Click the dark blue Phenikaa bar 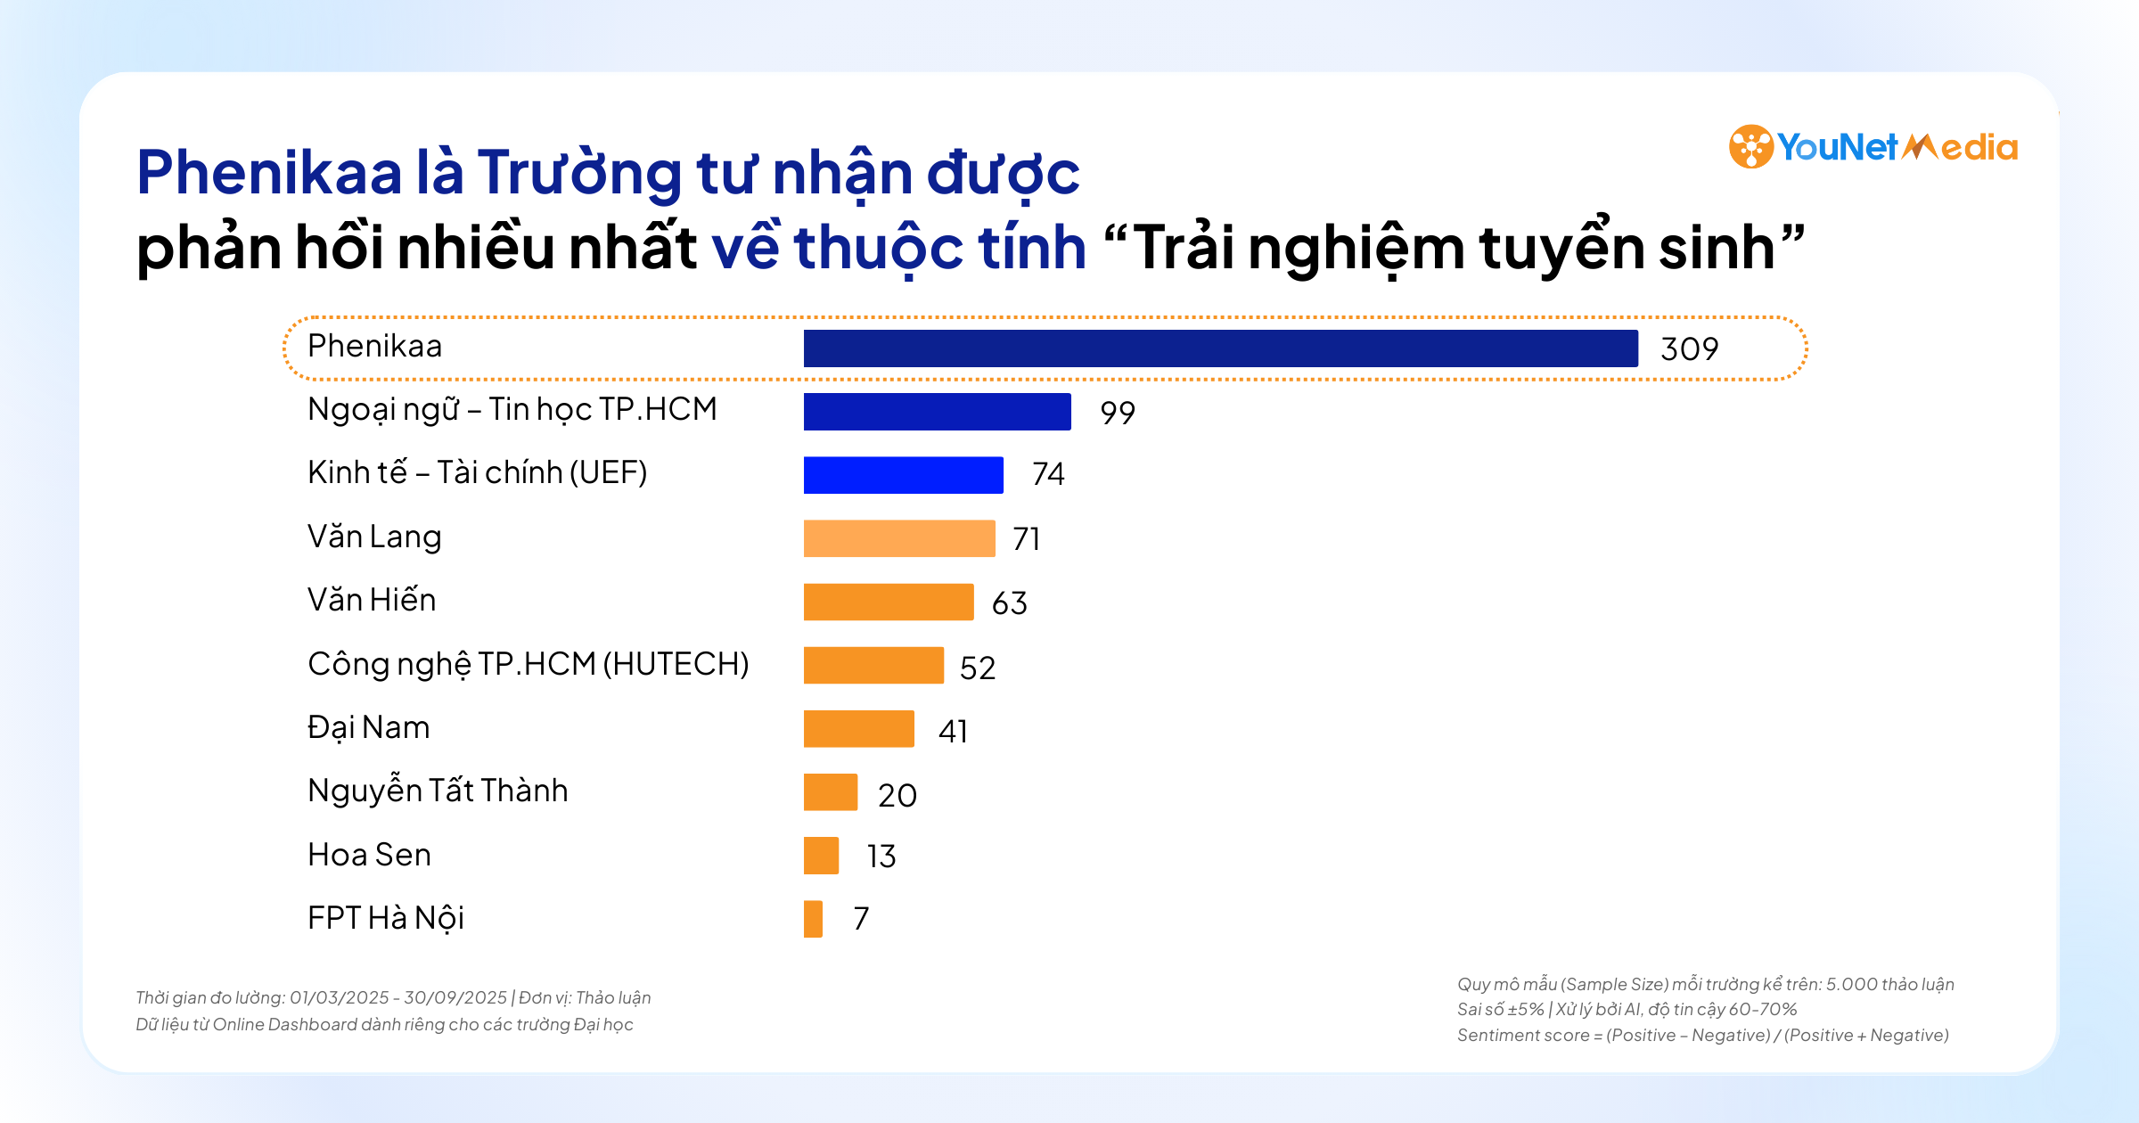pos(1220,348)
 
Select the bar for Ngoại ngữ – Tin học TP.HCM pos(937,412)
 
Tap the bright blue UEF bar pos(903,475)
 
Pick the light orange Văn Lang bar pos(898,538)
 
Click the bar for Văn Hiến pos(888,602)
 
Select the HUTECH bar pos(873,666)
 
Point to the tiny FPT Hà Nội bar pos(813,919)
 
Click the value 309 pos(1689,348)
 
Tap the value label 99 pos(1117,413)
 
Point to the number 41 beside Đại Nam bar pos(953,731)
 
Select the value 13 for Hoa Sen pos(881,857)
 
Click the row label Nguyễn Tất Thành pos(437,791)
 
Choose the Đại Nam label pos(368,728)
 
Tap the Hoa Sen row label pos(369,855)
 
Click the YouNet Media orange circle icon pos(1750,147)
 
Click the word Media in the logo pos(1961,147)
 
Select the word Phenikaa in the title pos(269,172)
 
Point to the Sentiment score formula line pos(1702,1035)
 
